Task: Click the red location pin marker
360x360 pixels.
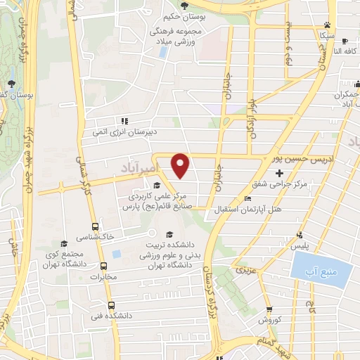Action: tap(181, 165)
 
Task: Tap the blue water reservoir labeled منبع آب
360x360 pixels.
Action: tap(320, 269)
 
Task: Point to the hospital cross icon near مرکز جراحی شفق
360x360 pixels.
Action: tap(280, 173)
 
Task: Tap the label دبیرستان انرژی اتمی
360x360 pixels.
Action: tap(124, 131)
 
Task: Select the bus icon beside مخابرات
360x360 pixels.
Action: tap(104, 266)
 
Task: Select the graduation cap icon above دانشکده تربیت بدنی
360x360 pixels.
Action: tap(169, 235)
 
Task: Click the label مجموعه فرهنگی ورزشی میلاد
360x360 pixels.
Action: tap(176, 37)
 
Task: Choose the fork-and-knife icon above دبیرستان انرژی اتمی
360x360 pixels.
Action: tap(124, 120)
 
